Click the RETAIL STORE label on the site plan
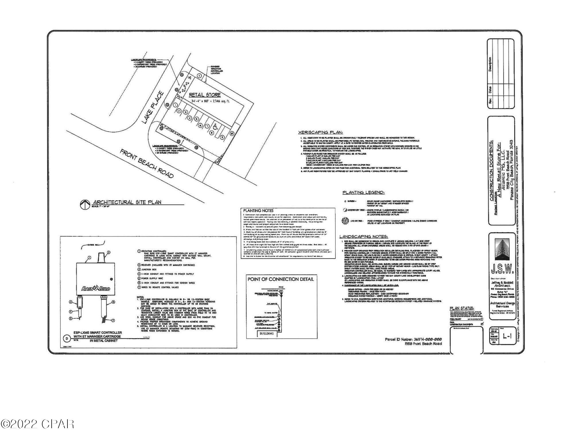[x=205, y=95]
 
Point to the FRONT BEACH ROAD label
[x=147, y=164]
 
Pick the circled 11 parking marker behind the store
[x=199, y=76]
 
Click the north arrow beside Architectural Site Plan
[x=84, y=204]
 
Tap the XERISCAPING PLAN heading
[x=320, y=132]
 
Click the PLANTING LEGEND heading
[x=363, y=193]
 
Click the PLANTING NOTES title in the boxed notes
[x=258, y=211]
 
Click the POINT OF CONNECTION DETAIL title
[x=281, y=279]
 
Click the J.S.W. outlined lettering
[x=500, y=270]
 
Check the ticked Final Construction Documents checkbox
[x=482, y=324]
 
